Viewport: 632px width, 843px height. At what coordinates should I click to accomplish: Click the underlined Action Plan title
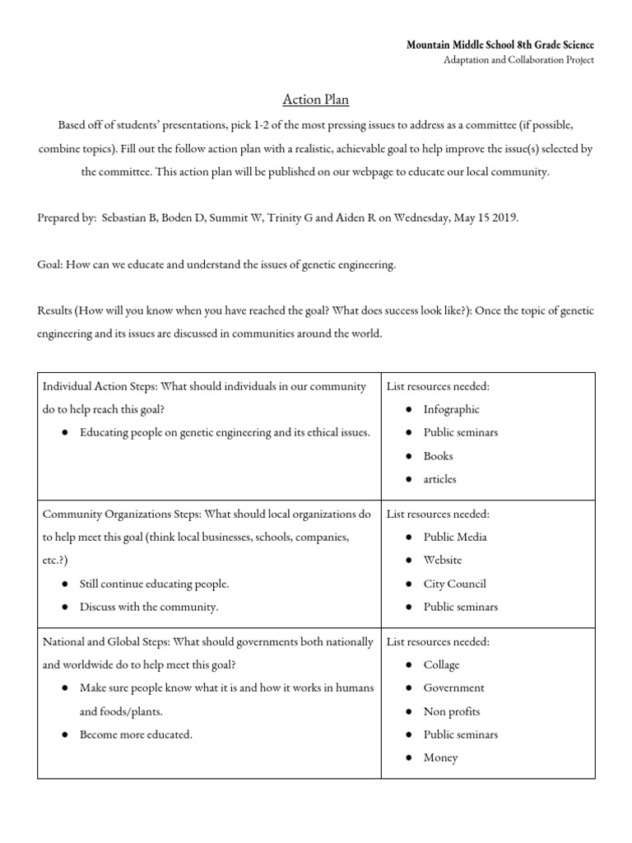coord(316,100)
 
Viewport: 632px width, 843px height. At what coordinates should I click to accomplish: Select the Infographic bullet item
coord(451,409)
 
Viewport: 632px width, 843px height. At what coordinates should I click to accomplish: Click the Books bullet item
coord(438,455)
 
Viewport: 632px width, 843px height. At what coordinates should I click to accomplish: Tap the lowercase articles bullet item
coord(439,478)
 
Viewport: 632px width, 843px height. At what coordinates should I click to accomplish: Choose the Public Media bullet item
coord(455,537)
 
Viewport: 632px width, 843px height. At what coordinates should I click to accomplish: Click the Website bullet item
coord(443,560)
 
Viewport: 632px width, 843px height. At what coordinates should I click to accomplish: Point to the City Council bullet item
coord(454,584)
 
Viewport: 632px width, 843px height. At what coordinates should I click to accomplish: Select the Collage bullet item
coord(441,664)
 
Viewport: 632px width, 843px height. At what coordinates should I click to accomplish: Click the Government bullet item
coord(453,687)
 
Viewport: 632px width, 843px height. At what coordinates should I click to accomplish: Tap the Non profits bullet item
coord(451,711)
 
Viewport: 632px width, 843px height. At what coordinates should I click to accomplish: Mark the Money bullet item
coord(440,757)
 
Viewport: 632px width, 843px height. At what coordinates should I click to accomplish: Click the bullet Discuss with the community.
coord(149,607)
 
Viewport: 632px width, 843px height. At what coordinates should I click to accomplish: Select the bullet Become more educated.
coord(136,734)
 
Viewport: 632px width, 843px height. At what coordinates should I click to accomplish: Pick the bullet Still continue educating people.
coord(154,584)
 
